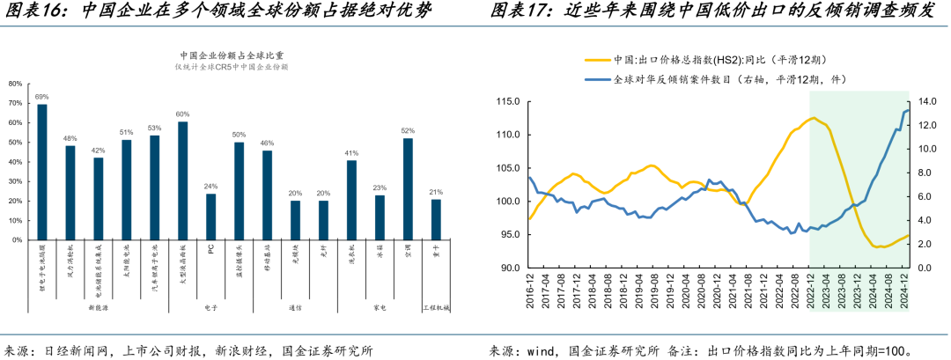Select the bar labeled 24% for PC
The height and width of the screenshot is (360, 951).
click(210, 217)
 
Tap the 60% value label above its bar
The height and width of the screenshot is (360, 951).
click(182, 114)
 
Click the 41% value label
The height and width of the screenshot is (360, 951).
click(351, 153)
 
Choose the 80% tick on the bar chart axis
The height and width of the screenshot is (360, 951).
click(15, 84)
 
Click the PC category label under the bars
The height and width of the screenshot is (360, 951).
click(210, 249)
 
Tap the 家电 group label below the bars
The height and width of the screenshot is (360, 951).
click(380, 308)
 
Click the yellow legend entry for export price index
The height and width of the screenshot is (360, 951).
click(696, 60)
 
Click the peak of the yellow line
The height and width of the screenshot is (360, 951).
click(813, 118)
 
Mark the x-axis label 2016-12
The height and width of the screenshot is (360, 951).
click(529, 291)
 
